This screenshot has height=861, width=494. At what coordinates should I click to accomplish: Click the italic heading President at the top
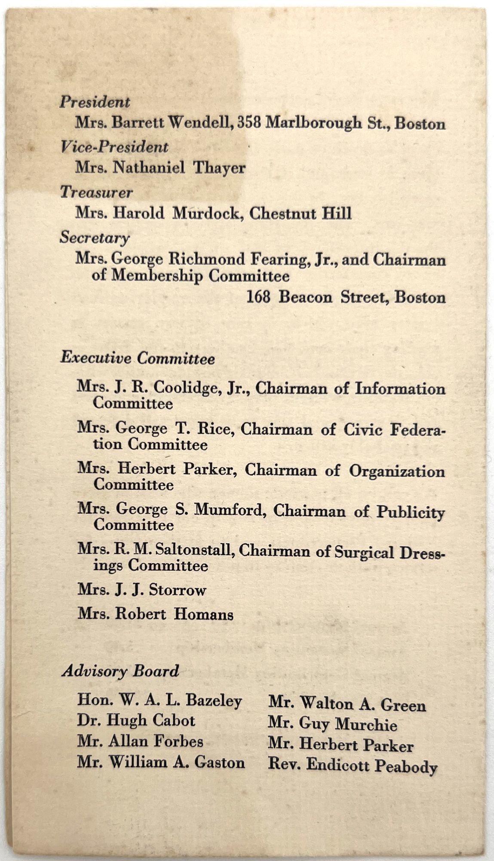[95, 102]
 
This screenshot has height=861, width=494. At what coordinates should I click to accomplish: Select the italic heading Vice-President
[114, 147]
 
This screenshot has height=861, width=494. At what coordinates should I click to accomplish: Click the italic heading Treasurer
[96, 192]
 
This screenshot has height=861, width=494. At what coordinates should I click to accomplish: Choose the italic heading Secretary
[94, 238]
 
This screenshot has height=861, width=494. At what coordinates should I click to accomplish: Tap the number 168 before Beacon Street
[258, 297]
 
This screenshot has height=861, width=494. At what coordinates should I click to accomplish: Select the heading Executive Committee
[137, 358]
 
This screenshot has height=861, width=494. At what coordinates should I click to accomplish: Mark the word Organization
[396, 471]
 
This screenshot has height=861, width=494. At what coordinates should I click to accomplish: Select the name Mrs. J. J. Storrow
[141, 589]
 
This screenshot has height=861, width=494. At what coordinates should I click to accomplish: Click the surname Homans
[203, 614]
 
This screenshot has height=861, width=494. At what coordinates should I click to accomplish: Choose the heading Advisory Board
[120, 671]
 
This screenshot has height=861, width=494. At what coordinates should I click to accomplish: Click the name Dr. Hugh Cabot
[136, 720]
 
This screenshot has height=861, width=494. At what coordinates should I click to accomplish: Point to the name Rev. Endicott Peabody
[352, 765]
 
